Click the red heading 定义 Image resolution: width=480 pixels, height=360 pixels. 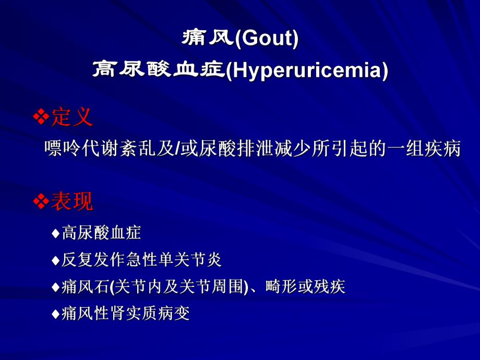point(72,117)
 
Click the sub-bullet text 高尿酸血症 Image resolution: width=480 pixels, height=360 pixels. point(101,233)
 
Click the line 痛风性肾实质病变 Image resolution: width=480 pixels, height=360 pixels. point(125,314)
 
